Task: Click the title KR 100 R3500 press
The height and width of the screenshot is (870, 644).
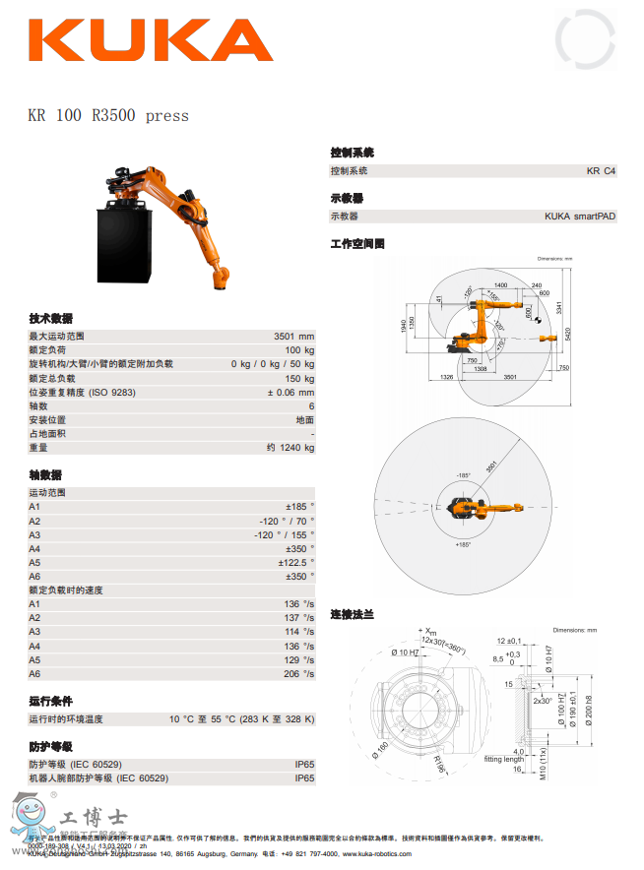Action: (x=108, y=115)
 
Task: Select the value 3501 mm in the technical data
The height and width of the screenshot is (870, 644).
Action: (x=293, y=337)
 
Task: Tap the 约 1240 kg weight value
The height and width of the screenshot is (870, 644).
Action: (x=290, y=448)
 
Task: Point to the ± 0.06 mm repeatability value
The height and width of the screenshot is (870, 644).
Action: (x=290, y=392)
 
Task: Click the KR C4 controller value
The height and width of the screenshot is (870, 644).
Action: (x=601, y=170)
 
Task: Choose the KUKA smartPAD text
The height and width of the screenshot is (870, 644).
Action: (x=580, y=217)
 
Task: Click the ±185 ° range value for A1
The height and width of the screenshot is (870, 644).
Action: (x=299, y=506)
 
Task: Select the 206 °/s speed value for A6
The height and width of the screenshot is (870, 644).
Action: (x=299, y=673)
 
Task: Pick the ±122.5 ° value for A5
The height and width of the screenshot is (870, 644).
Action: (x=295, y=562)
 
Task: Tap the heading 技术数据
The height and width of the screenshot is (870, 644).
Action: (x=50, y=318)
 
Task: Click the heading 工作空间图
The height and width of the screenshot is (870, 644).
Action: (x=356, y=243)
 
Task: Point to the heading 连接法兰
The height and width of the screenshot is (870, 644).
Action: (x=352, y=614)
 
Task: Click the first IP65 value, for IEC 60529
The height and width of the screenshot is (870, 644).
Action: (x=304, y=764)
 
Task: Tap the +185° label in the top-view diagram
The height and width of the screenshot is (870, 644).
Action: (x=462, y=544)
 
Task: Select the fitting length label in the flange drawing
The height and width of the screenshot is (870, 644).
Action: (x=502, y=759)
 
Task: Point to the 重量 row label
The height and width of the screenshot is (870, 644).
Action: (x=38, y=448)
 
